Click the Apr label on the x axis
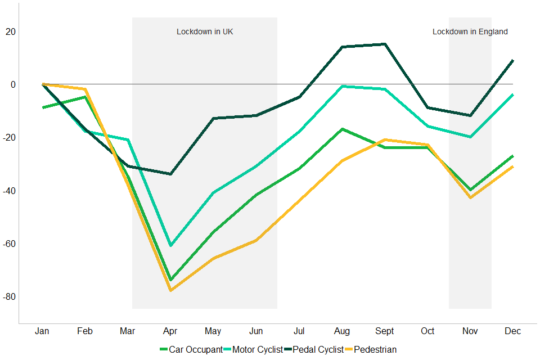click(170, 331)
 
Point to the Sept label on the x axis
click(385, 331)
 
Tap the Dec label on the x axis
click(512, 331)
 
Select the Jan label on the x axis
click(42, 331)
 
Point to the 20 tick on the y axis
click(11, 31)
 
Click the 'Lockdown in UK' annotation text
click(205, 32)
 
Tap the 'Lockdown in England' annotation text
click(470, 32)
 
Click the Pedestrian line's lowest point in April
click(170, 290)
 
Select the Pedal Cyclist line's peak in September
click(385, 44)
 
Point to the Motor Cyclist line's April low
click(170, 246)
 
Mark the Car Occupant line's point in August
click(342, 129)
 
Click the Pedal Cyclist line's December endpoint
click(512, 60)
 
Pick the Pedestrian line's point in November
click(470, 197)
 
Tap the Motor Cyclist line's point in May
click(213, 192)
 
